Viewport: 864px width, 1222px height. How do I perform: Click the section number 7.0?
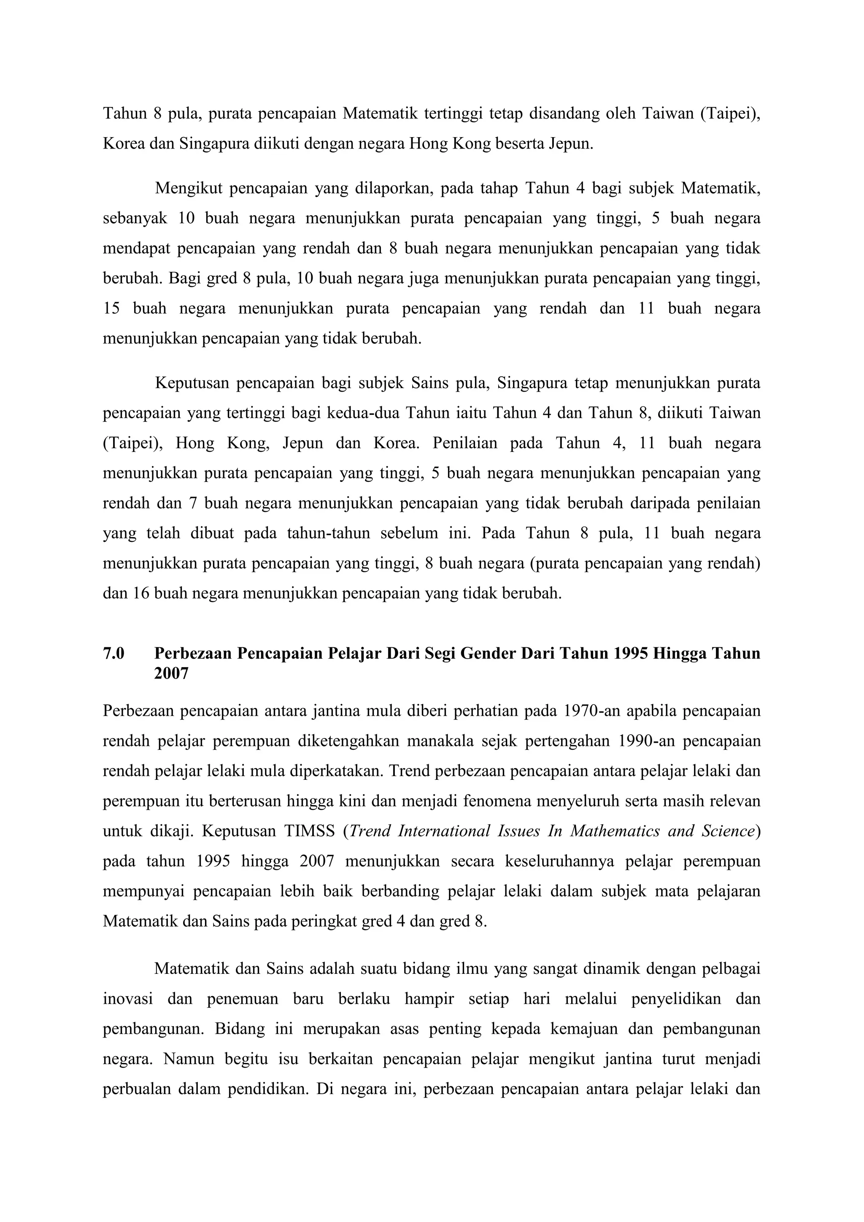click(x=113, y=654)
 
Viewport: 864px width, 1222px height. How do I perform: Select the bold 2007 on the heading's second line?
click(x=171, y=674)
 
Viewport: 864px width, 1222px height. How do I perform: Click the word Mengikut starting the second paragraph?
click(x=188, y=189)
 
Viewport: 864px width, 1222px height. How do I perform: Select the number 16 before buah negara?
click(x=140, y=593)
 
